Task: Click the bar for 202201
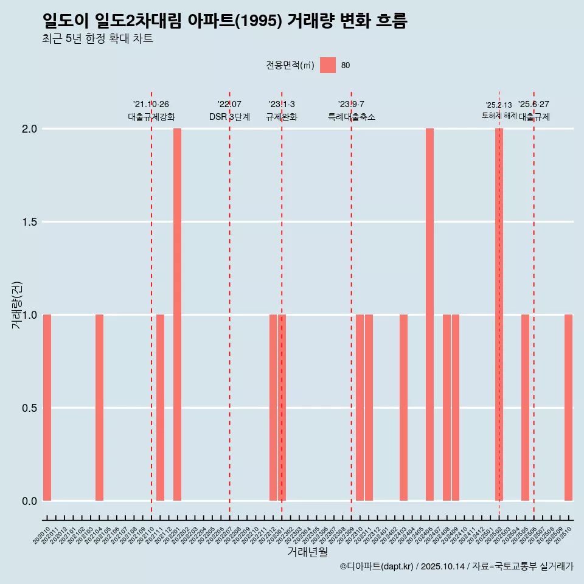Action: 177,315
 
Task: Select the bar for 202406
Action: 429,315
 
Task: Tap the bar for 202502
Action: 499,315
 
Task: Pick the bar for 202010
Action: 47,408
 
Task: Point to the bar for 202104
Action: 99,408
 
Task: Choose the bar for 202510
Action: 568,408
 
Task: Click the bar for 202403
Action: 403,408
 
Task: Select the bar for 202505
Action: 525,408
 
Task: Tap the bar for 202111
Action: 160,408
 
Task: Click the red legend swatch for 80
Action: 328,65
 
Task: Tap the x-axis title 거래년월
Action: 307,552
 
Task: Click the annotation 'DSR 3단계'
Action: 229,117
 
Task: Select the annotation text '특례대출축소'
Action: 351,117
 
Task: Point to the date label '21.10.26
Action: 151,105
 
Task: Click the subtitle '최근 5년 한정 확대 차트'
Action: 97,39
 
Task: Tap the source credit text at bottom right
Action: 456,566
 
